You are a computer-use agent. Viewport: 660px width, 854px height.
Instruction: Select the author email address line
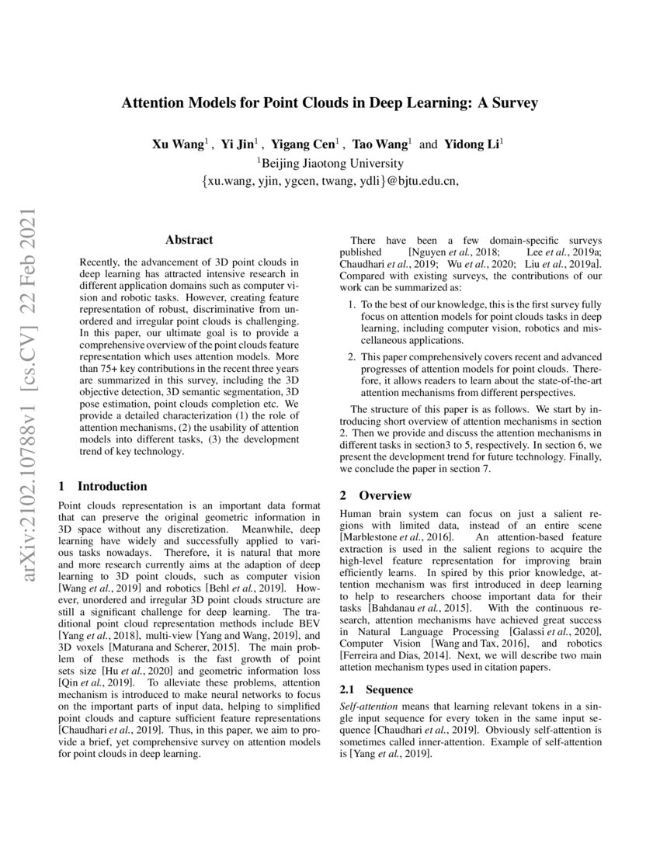click(329, 182)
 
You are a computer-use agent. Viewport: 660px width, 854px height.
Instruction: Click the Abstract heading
click(189, 241)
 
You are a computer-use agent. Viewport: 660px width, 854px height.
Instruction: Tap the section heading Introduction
click(112, 487)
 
